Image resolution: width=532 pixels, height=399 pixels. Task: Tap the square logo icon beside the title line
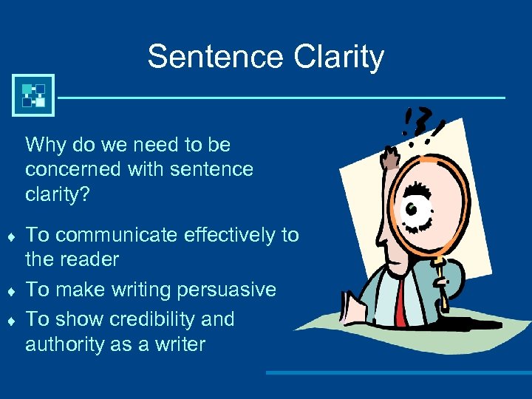tap(33, 95)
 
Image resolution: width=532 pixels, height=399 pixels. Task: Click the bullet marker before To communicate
tap(10, 236)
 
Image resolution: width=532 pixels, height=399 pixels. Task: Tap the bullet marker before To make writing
tap(10, 290)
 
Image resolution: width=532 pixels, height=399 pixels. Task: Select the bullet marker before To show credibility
tap(10, 321)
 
